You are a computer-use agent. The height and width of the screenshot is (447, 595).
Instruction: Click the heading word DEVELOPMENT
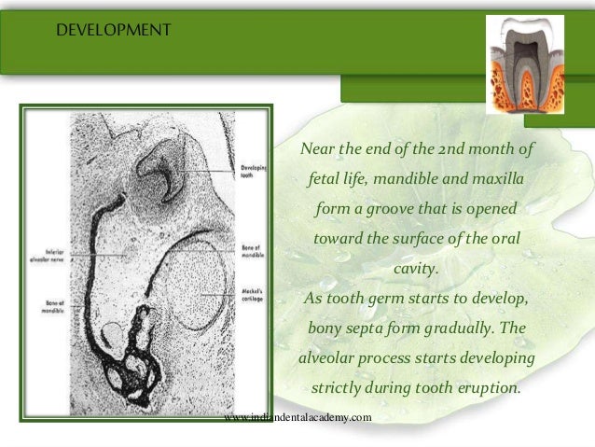point(113,32)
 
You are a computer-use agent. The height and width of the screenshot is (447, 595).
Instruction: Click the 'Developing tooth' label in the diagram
point(253,172)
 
